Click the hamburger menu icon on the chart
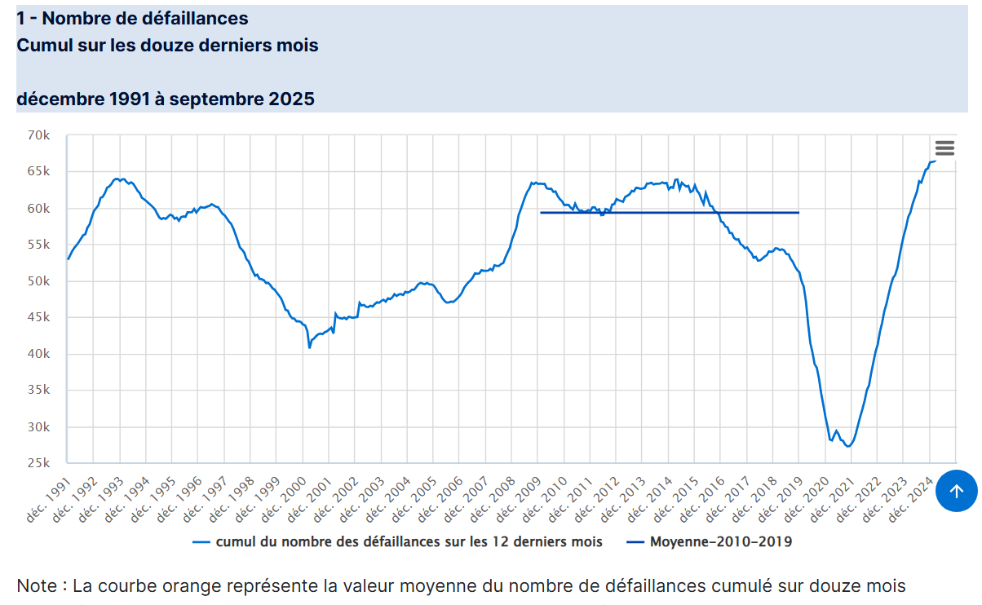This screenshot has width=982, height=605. pyautogui.click(x=944, y=148)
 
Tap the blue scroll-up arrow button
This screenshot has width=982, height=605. pyautogui.click(x=957, y=491)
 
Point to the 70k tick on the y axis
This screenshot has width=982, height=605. pyautogui.click(x=40, y=135)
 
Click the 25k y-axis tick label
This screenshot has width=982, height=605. pyautogui.click(x=40, y=463)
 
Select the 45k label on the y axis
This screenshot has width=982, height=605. pyautogui.click(x=40, y=318)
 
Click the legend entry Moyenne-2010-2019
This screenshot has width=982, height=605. pyautogui.click(x=709, y=541)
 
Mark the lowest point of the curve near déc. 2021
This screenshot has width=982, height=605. pyautogui.click(x=849, y=446)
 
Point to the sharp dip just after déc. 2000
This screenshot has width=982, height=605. pyautogui.click(x=310, y=347)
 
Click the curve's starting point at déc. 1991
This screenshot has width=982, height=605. pyautogui.click(x=68, y=259)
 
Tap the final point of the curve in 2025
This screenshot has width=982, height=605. pyautogui.click(x=936, y=161)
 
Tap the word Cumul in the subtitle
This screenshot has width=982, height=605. pyautogui.click(x=41, y=46)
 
